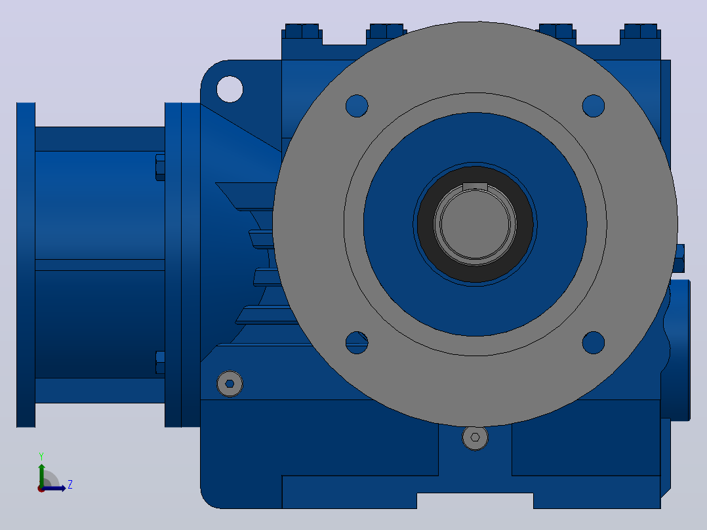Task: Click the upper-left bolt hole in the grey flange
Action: click(x=357, y=106)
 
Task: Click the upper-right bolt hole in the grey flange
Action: click(x=594, y=106)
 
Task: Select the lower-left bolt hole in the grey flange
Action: click(x=357, y=343)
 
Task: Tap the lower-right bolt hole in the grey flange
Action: click(x=594, y=343)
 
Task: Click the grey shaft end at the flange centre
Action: click(x=475, y=224)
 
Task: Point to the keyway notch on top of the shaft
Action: click(x=475, y=186)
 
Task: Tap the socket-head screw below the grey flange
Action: click(x=475, y=437)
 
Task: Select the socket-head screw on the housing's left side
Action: click(x=230, y=384)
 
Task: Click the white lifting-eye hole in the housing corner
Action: click(x=230, y=89)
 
